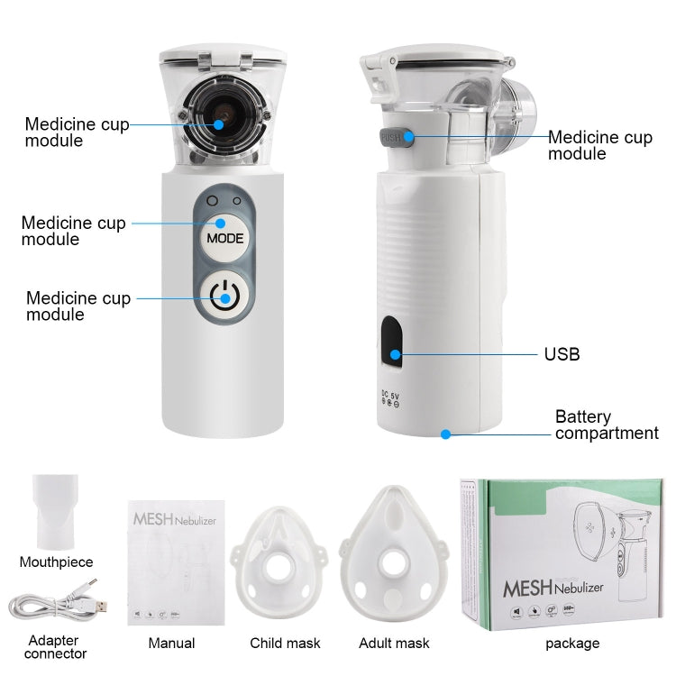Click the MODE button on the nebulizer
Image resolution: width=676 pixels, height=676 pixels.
point(224,239)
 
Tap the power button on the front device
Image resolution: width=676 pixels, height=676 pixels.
point(224,295)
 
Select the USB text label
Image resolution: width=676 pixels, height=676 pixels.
point(562,354)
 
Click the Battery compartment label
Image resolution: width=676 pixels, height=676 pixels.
point(606,425)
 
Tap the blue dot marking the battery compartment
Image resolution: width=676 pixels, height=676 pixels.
point(445,434)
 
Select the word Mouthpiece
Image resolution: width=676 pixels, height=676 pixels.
point(56,562)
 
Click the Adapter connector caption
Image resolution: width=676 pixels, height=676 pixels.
point(56,647)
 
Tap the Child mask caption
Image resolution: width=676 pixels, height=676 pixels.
point(285,643)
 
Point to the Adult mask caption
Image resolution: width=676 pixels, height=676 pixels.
point(394,643)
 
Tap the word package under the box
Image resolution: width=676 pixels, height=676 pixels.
point(571,643)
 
